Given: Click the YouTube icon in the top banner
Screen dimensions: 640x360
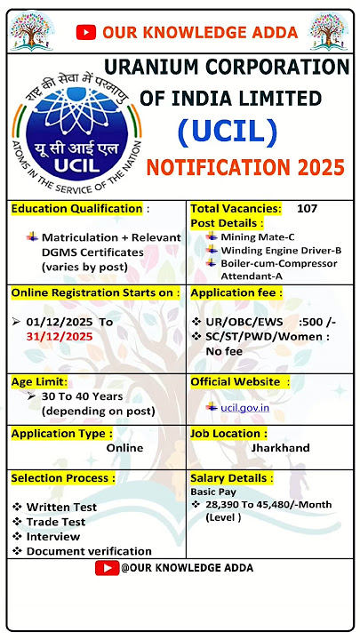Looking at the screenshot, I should point(86,33).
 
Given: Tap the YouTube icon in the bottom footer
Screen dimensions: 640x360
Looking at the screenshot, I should point(106,567).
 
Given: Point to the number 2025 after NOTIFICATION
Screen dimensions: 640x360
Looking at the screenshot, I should point(317,167).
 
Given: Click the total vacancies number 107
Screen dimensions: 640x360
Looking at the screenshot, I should point(307,208).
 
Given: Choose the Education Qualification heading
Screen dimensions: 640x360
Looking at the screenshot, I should point(76,209).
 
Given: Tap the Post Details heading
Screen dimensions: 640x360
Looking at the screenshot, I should point(227,222).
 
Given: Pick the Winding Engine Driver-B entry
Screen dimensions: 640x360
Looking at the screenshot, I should point(280,250).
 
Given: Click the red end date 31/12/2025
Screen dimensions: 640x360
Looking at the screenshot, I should point(60,335).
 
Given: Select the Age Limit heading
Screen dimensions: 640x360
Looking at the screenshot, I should point(39,381).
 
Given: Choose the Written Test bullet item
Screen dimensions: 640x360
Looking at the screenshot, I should point(61,507).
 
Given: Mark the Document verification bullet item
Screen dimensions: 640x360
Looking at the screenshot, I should point(89,551).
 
